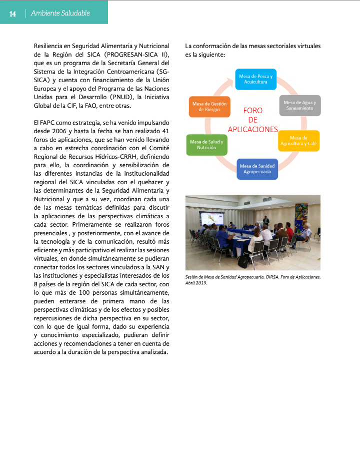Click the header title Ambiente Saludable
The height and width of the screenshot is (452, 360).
pos(60,13)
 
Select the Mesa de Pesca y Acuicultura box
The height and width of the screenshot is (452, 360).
pos(255,79)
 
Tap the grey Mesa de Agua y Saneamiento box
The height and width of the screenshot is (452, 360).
pos(299,105)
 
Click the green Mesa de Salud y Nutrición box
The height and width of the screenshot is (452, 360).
pos(206,145)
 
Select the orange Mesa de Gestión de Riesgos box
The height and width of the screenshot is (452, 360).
pos(209,107)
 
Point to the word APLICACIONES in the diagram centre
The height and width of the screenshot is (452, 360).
pos(252,129)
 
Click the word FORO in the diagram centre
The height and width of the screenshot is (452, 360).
pos(252,110)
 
